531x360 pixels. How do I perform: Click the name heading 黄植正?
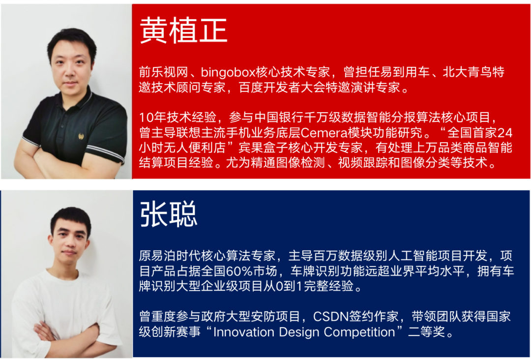coord(183,31)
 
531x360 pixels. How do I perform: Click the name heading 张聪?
coord(168,214)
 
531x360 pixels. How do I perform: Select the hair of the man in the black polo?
coord(71,41)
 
